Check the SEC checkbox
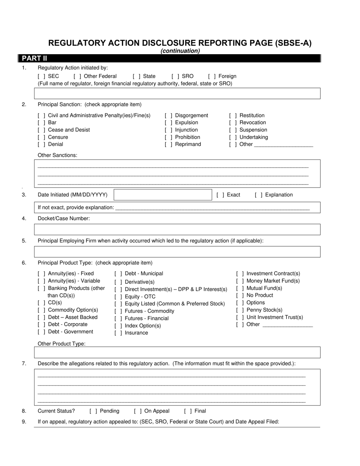point(41,76)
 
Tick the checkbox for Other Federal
point(77,76)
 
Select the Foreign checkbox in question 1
point(212,76)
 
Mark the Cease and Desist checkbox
point(41,130)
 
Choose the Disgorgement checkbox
point(168,116)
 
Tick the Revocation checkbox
point(233,123)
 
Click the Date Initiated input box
point(163,195)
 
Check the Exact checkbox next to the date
point(220,195)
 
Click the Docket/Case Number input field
point(177,230)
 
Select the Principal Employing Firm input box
point(177,252)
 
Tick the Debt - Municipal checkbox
point(118,274)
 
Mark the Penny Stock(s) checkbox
point(239,310)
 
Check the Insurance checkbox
point(118,333)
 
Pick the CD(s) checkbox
point(41,303)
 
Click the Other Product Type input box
point(177,352)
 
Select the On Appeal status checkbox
point(138,411)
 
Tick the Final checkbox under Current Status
point(188,411)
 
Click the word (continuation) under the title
point(180,51)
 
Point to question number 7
point(24,364)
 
